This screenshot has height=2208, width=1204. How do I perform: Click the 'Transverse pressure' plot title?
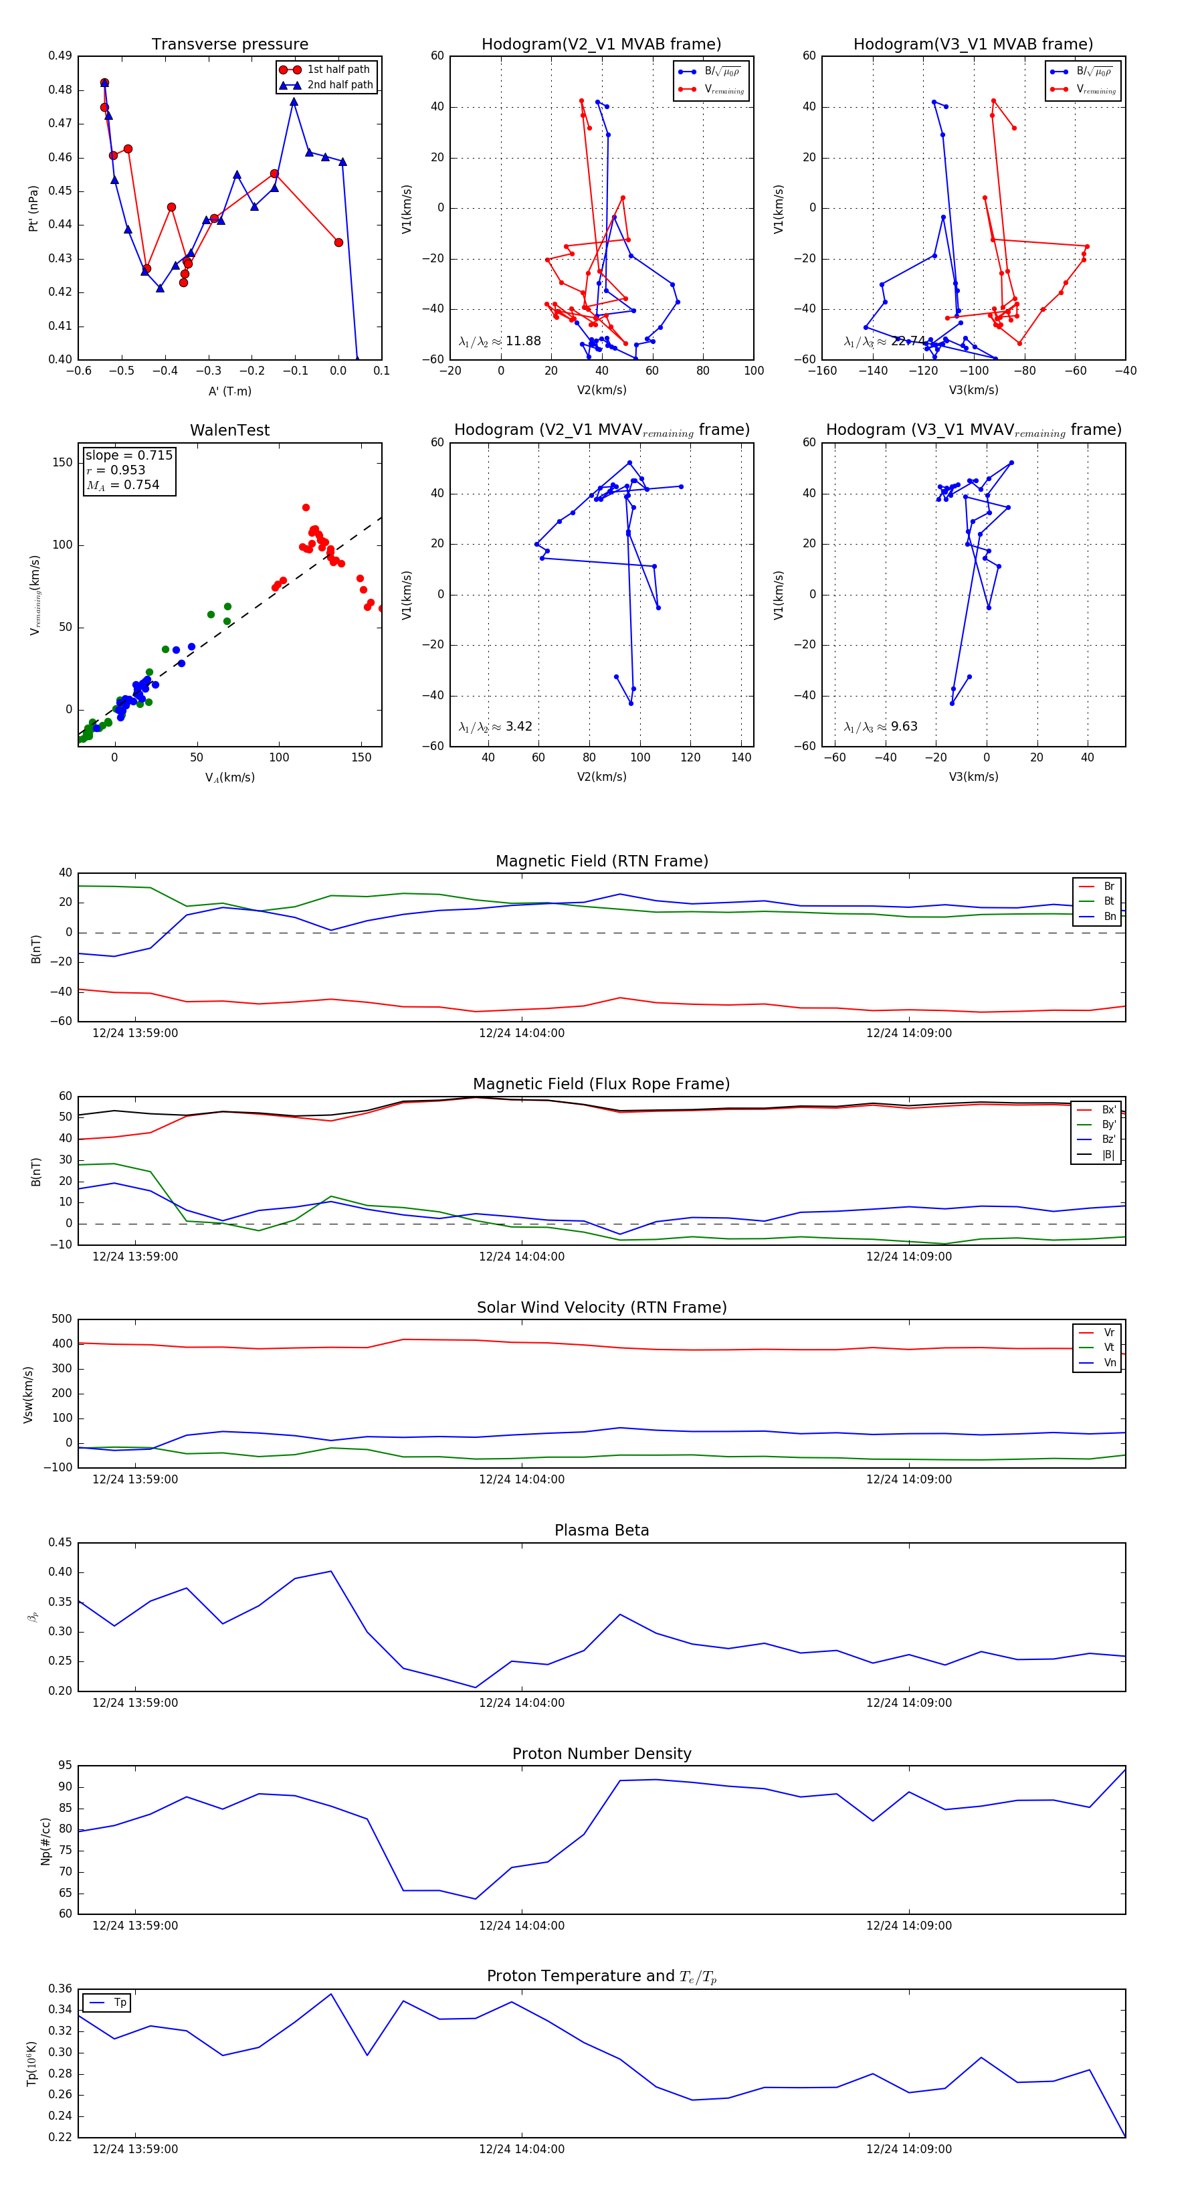point(229,45)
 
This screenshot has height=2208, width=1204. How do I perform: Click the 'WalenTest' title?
point(229,430)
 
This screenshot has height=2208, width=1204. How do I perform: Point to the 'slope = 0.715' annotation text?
point(128,455)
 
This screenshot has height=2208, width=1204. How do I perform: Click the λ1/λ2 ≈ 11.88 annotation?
point(500,341)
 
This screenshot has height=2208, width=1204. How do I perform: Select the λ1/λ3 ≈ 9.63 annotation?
point(880,727)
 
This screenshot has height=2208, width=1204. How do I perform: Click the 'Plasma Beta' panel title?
point(601,1530)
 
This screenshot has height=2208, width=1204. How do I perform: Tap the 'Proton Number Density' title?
point(601,1754)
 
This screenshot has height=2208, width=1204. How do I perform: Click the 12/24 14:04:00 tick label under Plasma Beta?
point(521,1702)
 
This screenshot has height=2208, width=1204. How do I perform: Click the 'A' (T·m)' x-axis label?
point(229,391)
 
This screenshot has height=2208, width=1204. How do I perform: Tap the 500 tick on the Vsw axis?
point(62,1319)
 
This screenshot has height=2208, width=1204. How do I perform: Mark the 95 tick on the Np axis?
point(65,1766)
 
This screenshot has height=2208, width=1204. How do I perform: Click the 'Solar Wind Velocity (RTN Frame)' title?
point(601,1307)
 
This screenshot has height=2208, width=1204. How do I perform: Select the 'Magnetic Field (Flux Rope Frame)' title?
point(601,1085)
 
